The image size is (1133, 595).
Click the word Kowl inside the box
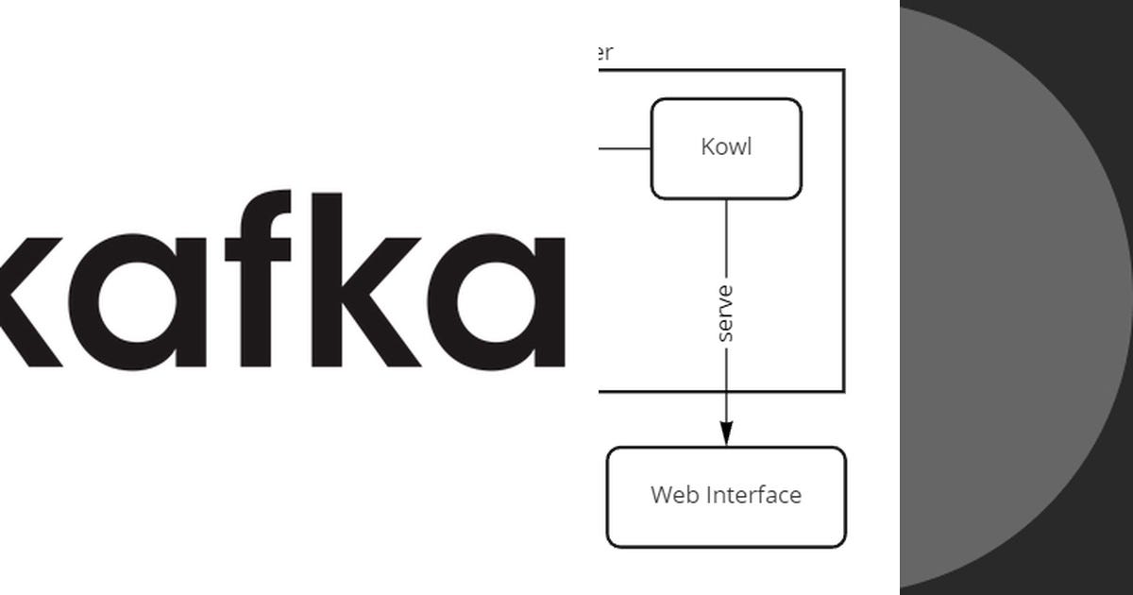[726, 147]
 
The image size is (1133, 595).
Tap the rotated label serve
[725, 313]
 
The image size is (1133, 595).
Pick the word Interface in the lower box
[753, 495]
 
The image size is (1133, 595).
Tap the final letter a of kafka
[510, 300]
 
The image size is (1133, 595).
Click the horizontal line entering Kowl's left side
[624, 148]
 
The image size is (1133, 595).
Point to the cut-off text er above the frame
[605, 53]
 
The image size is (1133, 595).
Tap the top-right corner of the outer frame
[843, 70]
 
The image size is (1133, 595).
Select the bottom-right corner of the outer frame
[843, 390]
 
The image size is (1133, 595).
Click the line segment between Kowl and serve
[725, 241]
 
